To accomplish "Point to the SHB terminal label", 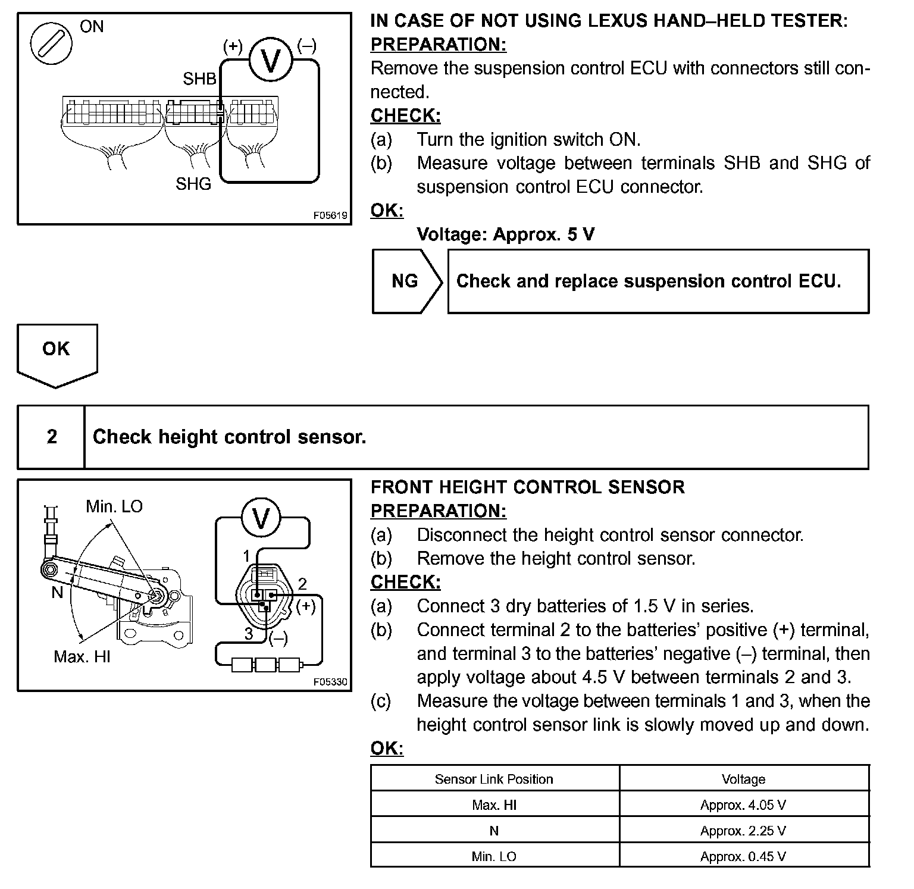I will tap(199, 79).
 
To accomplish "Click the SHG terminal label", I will tap(193, 184).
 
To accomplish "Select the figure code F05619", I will tap(330, 215).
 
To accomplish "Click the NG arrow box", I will tap(407, 281).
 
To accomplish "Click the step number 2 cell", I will tap(52, 437).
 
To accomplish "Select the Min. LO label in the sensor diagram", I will tap(114, 506).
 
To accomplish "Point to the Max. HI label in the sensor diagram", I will tap(82, 656).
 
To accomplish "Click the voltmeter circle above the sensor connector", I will tap(261, 518).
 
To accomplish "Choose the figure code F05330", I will tap(330, 682).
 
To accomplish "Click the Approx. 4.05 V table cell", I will tap(743, 805).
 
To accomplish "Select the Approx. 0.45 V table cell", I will tap(743, 856).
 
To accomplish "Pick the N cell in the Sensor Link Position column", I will tap(494, 831).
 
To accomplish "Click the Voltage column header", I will tap(743, 779).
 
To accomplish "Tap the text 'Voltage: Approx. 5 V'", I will tap(505, 234).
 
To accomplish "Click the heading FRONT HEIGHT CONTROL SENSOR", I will tap(527, 487).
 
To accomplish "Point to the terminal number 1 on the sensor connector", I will tap(246, 556).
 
